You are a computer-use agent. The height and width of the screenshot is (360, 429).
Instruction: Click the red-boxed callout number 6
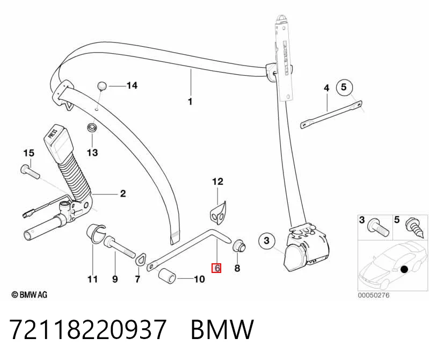tap(217, 268)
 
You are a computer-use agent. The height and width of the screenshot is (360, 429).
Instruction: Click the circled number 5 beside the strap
tap(344, 88)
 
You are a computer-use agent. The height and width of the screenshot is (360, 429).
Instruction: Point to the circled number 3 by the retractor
tap(267, 241)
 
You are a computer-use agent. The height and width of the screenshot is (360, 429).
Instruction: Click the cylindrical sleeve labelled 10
tap(168, 276)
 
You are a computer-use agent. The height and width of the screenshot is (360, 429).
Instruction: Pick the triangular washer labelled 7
tap(140, 260)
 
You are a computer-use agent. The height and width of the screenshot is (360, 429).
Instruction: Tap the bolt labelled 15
tap(30, 171)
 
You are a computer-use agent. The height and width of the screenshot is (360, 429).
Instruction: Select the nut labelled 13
tap(92, 128)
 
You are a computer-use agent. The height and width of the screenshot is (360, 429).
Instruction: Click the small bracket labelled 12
tap(218, 212)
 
